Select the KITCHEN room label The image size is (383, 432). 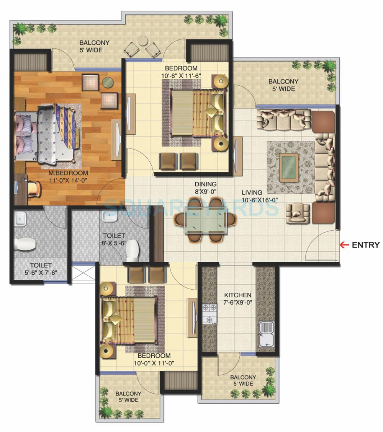(237, 295)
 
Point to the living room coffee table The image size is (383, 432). (289, 167)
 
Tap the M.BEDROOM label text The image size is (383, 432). (68, 173)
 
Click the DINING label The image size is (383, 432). (205, 184)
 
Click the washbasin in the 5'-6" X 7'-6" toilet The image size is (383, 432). (19, 219)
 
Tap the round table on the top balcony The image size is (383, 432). (142, 41)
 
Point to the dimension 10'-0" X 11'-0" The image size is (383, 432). (155, 363)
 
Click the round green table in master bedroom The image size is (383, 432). (108, 82)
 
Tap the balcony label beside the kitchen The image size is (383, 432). (243, 380)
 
